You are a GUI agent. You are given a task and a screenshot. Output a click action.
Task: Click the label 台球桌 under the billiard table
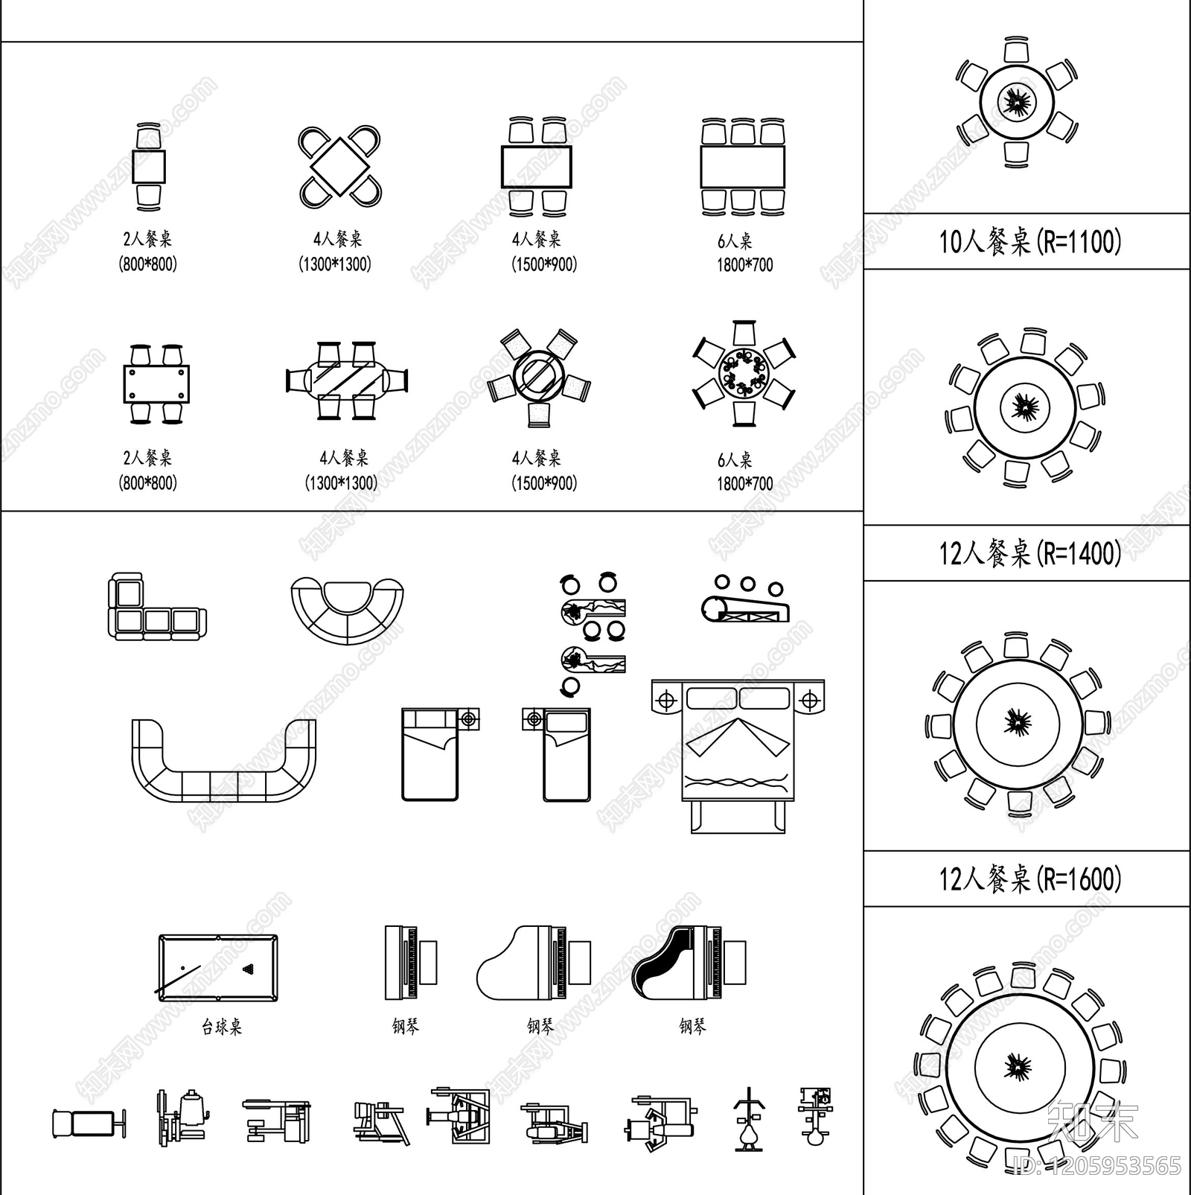coord(222,1027)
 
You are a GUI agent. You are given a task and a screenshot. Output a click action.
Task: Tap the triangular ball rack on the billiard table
coord(248,969)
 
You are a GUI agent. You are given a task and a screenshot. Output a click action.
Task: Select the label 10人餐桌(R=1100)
coord(1029,242)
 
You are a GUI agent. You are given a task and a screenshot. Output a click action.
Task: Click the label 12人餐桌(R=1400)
coord(1029,553)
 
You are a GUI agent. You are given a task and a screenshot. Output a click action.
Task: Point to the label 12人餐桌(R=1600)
coord(1029,879)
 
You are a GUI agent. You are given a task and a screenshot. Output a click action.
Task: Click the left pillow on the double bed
coord(711,699)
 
